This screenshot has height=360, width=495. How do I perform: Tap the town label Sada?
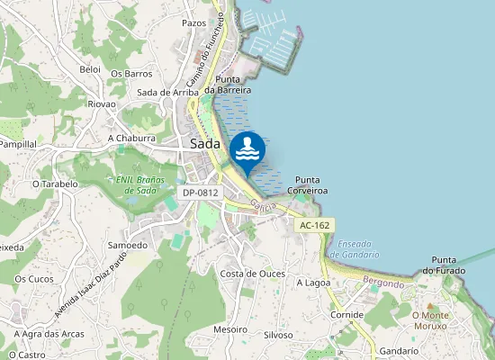[206, 144]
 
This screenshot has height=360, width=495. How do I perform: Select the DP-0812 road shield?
[201, 193]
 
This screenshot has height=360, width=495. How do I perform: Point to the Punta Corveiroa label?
[307, 185]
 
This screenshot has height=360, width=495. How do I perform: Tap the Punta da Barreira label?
[227, 85]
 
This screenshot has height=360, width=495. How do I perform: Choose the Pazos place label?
[194, 22]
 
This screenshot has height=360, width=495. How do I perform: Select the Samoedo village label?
[127, 245]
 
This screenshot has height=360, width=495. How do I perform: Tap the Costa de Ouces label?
[253, 274]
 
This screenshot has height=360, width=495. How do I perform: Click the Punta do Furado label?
[466, 265]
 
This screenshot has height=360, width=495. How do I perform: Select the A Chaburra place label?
[131, 139]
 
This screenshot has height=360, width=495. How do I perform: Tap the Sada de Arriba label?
[166, 92]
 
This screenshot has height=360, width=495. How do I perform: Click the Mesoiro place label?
[230, 329]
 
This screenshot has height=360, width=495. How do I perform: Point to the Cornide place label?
[346, 315]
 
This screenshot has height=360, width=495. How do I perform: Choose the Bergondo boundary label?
[383, 283]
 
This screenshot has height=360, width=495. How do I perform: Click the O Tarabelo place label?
[55, 184]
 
